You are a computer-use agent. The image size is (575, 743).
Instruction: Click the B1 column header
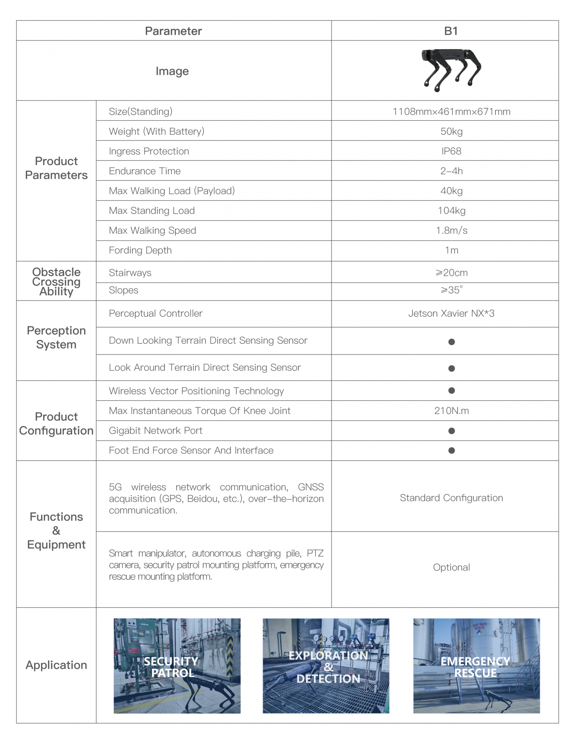click(451, 31)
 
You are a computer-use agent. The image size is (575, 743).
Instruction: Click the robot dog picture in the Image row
click(451, 69)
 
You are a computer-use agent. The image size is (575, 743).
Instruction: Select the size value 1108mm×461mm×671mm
click(451, 112)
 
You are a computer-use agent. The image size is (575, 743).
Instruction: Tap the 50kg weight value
click(451, 131)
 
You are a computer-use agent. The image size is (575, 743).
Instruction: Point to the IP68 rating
click(451, 151)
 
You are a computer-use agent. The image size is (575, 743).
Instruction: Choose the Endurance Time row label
click(145, 171)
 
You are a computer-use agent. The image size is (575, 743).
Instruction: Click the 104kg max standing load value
click(451, 211)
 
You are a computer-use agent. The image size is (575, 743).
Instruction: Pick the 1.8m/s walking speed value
click(451, 230)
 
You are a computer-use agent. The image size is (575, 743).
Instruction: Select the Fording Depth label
click(140, 251)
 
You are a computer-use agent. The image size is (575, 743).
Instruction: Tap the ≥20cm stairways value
click(451, 273)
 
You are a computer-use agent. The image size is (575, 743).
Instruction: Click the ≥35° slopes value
click(451, 290)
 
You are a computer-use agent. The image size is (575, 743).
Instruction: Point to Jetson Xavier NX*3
click(451, 313)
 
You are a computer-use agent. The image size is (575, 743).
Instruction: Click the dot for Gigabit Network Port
click(451, 431)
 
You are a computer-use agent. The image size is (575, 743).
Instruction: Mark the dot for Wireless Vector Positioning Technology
click(451, 391)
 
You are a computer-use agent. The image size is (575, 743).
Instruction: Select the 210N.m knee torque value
click(451, 411)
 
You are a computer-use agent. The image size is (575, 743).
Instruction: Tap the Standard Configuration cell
click(451, 498)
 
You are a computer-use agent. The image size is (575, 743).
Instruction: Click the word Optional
click(451, 567)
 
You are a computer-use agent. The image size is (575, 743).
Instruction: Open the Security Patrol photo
click(177, 666)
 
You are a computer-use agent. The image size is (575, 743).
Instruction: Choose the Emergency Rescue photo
click(476, 666)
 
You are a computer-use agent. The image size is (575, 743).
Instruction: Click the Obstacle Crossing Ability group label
click(56, 281)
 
